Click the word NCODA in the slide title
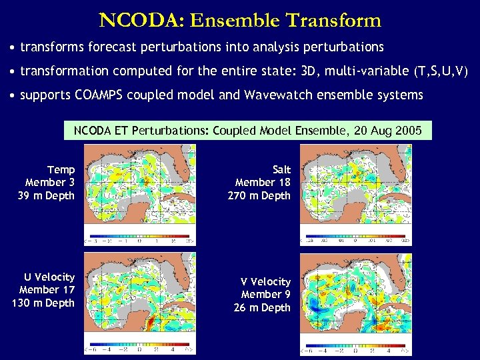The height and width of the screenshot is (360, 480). (x=141, y=20)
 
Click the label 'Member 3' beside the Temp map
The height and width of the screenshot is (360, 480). (x=50, y=183)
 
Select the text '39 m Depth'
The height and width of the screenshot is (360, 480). (x=50, y=195)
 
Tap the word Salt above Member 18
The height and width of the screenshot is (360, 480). (x=282, y=170)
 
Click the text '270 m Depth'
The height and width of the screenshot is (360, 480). (x=263, y=195)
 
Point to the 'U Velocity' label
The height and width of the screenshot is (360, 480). (x=50, y=277)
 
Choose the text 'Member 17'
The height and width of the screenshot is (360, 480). (x=47, y=289)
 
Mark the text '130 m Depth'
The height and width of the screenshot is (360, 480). (x=44, y=303)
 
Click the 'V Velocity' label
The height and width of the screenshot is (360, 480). (x=265, y=282)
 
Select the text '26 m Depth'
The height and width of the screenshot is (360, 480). (x=263, y=307)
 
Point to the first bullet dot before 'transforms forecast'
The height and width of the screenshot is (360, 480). (x=13, y=47)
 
